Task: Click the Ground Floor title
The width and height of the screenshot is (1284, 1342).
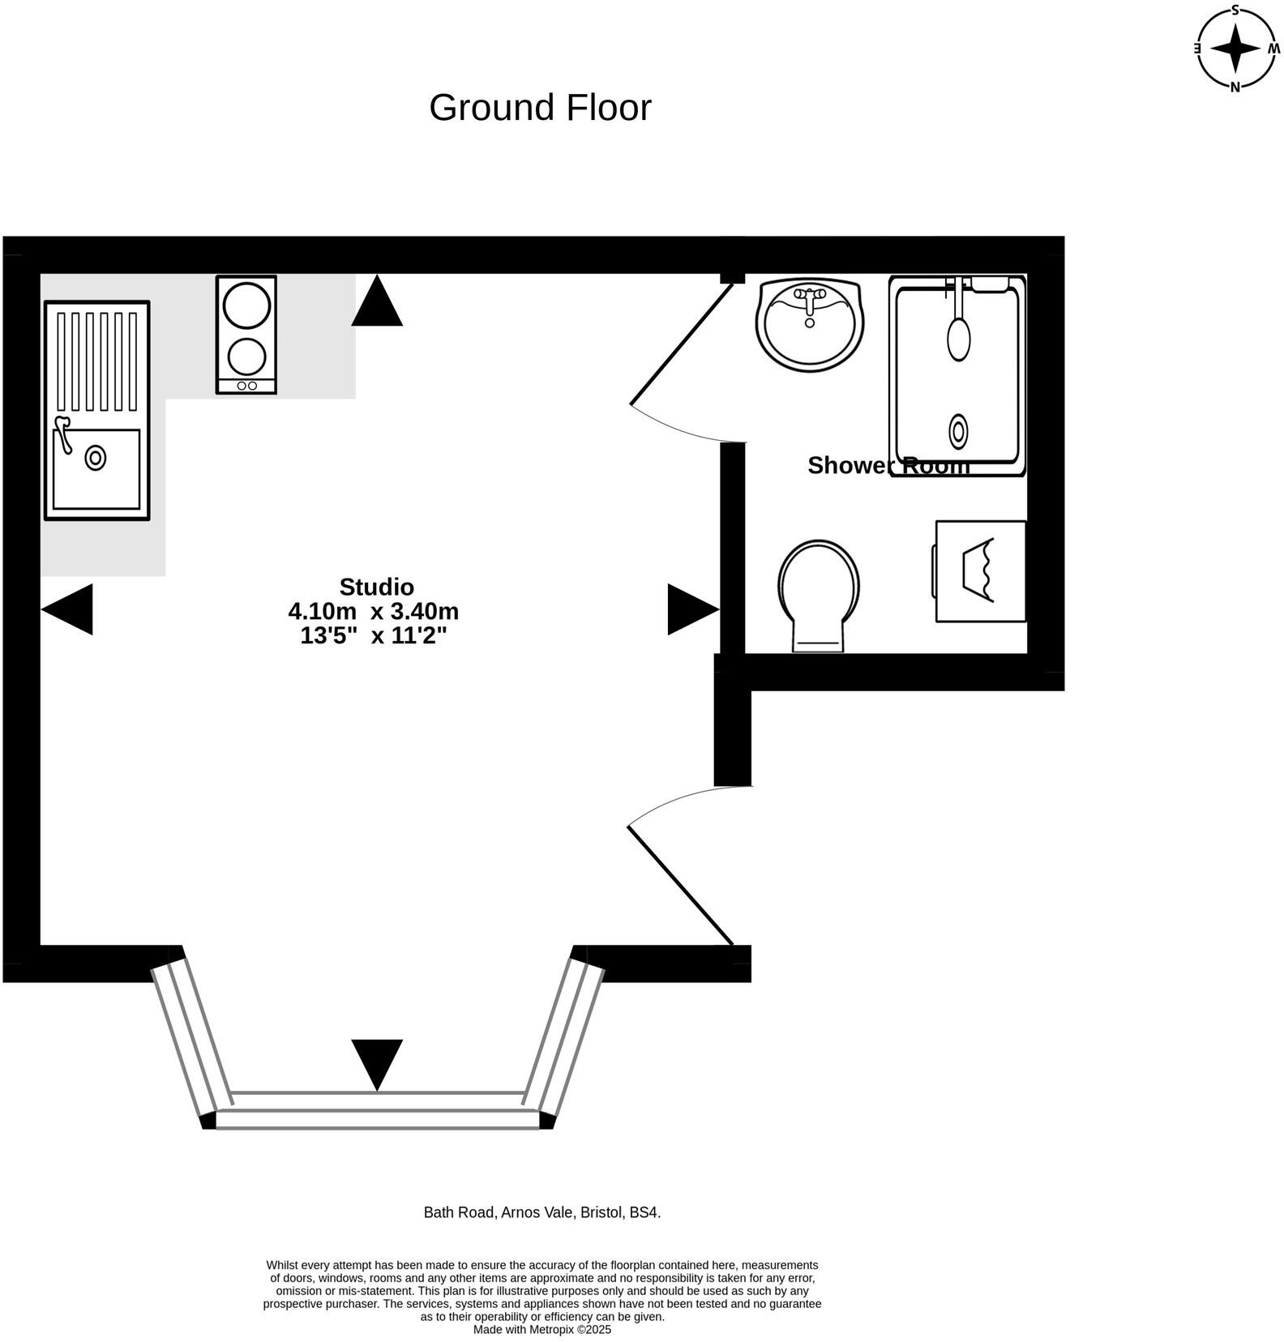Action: (x=540, y=108)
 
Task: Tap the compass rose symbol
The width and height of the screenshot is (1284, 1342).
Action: (x=1235, y=49)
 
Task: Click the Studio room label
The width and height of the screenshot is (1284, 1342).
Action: (x=376, y=587)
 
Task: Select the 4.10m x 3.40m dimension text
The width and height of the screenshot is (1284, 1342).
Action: (x=374, y=611)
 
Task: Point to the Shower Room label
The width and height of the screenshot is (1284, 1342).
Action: (x=888, y=465)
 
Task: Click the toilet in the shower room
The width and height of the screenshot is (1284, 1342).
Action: (x=819, y=596)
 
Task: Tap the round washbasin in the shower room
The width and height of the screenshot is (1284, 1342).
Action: (x=810, y=325)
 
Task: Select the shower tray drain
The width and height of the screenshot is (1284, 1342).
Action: (x=959, y=431)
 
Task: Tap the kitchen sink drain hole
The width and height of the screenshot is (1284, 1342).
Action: (x=96, y=458)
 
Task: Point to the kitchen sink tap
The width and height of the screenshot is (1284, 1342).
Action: (x=62, y=433)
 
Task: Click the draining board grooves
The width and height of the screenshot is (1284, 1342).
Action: (x=97, y=361)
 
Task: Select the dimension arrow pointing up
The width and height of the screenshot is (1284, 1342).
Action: (x=377, y=301)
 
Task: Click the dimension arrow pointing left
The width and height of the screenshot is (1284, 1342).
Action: (x=66, y=609)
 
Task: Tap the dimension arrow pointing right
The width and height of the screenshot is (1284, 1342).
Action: (x=694, y=609)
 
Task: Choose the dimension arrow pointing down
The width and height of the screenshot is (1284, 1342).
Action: (x=377, y=1065)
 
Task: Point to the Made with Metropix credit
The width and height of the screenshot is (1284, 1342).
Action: (x=542, y=1330)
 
